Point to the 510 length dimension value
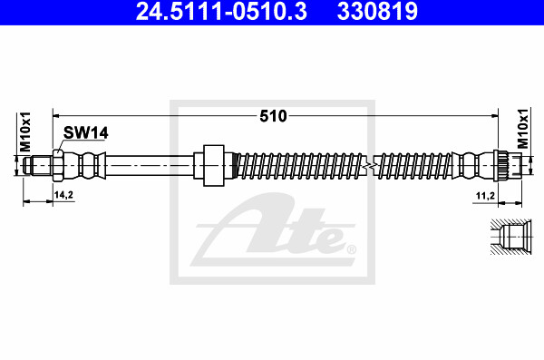click(274, 116)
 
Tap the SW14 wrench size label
click(86, 132)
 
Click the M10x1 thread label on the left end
click(26, 132)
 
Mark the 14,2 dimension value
click(64, 194)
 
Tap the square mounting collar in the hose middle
click(214, 166)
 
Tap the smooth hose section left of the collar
click(150, 166)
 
